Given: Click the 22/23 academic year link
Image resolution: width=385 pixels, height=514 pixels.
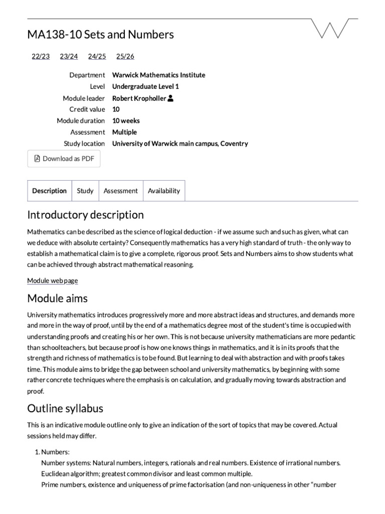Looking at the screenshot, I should point(41,56).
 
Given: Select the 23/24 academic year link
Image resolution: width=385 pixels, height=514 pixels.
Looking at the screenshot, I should point(69,56).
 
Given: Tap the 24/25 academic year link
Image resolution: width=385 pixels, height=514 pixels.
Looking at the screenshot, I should point(97,56).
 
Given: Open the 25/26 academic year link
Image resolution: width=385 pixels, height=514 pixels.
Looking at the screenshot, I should point(125,56).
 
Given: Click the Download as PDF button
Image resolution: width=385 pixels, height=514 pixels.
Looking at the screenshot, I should point(64,159).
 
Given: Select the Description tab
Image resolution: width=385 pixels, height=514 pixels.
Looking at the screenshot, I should point(49,191).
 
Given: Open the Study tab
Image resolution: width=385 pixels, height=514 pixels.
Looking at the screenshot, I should point(85,191).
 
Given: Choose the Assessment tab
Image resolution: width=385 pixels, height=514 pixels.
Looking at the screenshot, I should point(120,191).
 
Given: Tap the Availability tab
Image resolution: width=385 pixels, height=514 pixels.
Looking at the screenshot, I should point(164,191).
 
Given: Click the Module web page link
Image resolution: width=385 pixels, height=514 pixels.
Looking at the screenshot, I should point(52,281).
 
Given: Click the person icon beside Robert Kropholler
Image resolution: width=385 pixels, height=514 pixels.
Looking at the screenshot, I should point(170,98).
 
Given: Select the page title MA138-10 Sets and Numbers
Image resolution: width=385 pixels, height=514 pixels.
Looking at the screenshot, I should point(100,34).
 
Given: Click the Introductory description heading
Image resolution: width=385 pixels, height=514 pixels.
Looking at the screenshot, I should point(85,215).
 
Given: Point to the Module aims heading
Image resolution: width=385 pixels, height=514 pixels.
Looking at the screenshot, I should point(57,298).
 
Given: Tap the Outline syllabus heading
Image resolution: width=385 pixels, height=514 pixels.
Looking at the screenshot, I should point(65,408).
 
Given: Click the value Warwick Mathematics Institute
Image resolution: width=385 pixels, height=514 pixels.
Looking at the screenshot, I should point(158,75).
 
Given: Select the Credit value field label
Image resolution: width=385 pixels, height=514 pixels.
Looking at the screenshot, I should point(87,109).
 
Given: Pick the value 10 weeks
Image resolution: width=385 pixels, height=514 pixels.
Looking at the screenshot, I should point(126,120).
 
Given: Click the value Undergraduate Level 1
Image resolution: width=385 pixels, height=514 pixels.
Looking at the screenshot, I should point(145,86).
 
